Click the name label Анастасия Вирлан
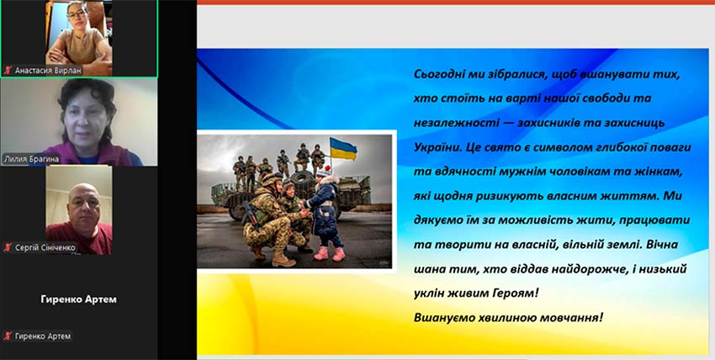[x=48, y=70]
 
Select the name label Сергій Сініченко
[x=45, y=248]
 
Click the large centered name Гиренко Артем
[x=79, y=299]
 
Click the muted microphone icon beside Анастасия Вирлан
[x=8, y=70]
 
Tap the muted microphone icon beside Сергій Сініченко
[x=8, y=248]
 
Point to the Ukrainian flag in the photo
[x=343, y=149]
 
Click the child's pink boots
[x=329, y=253]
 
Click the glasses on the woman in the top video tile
[x=77, y=14]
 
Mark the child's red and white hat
[x=324, y=172]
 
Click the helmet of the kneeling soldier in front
[x=272, y=178]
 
